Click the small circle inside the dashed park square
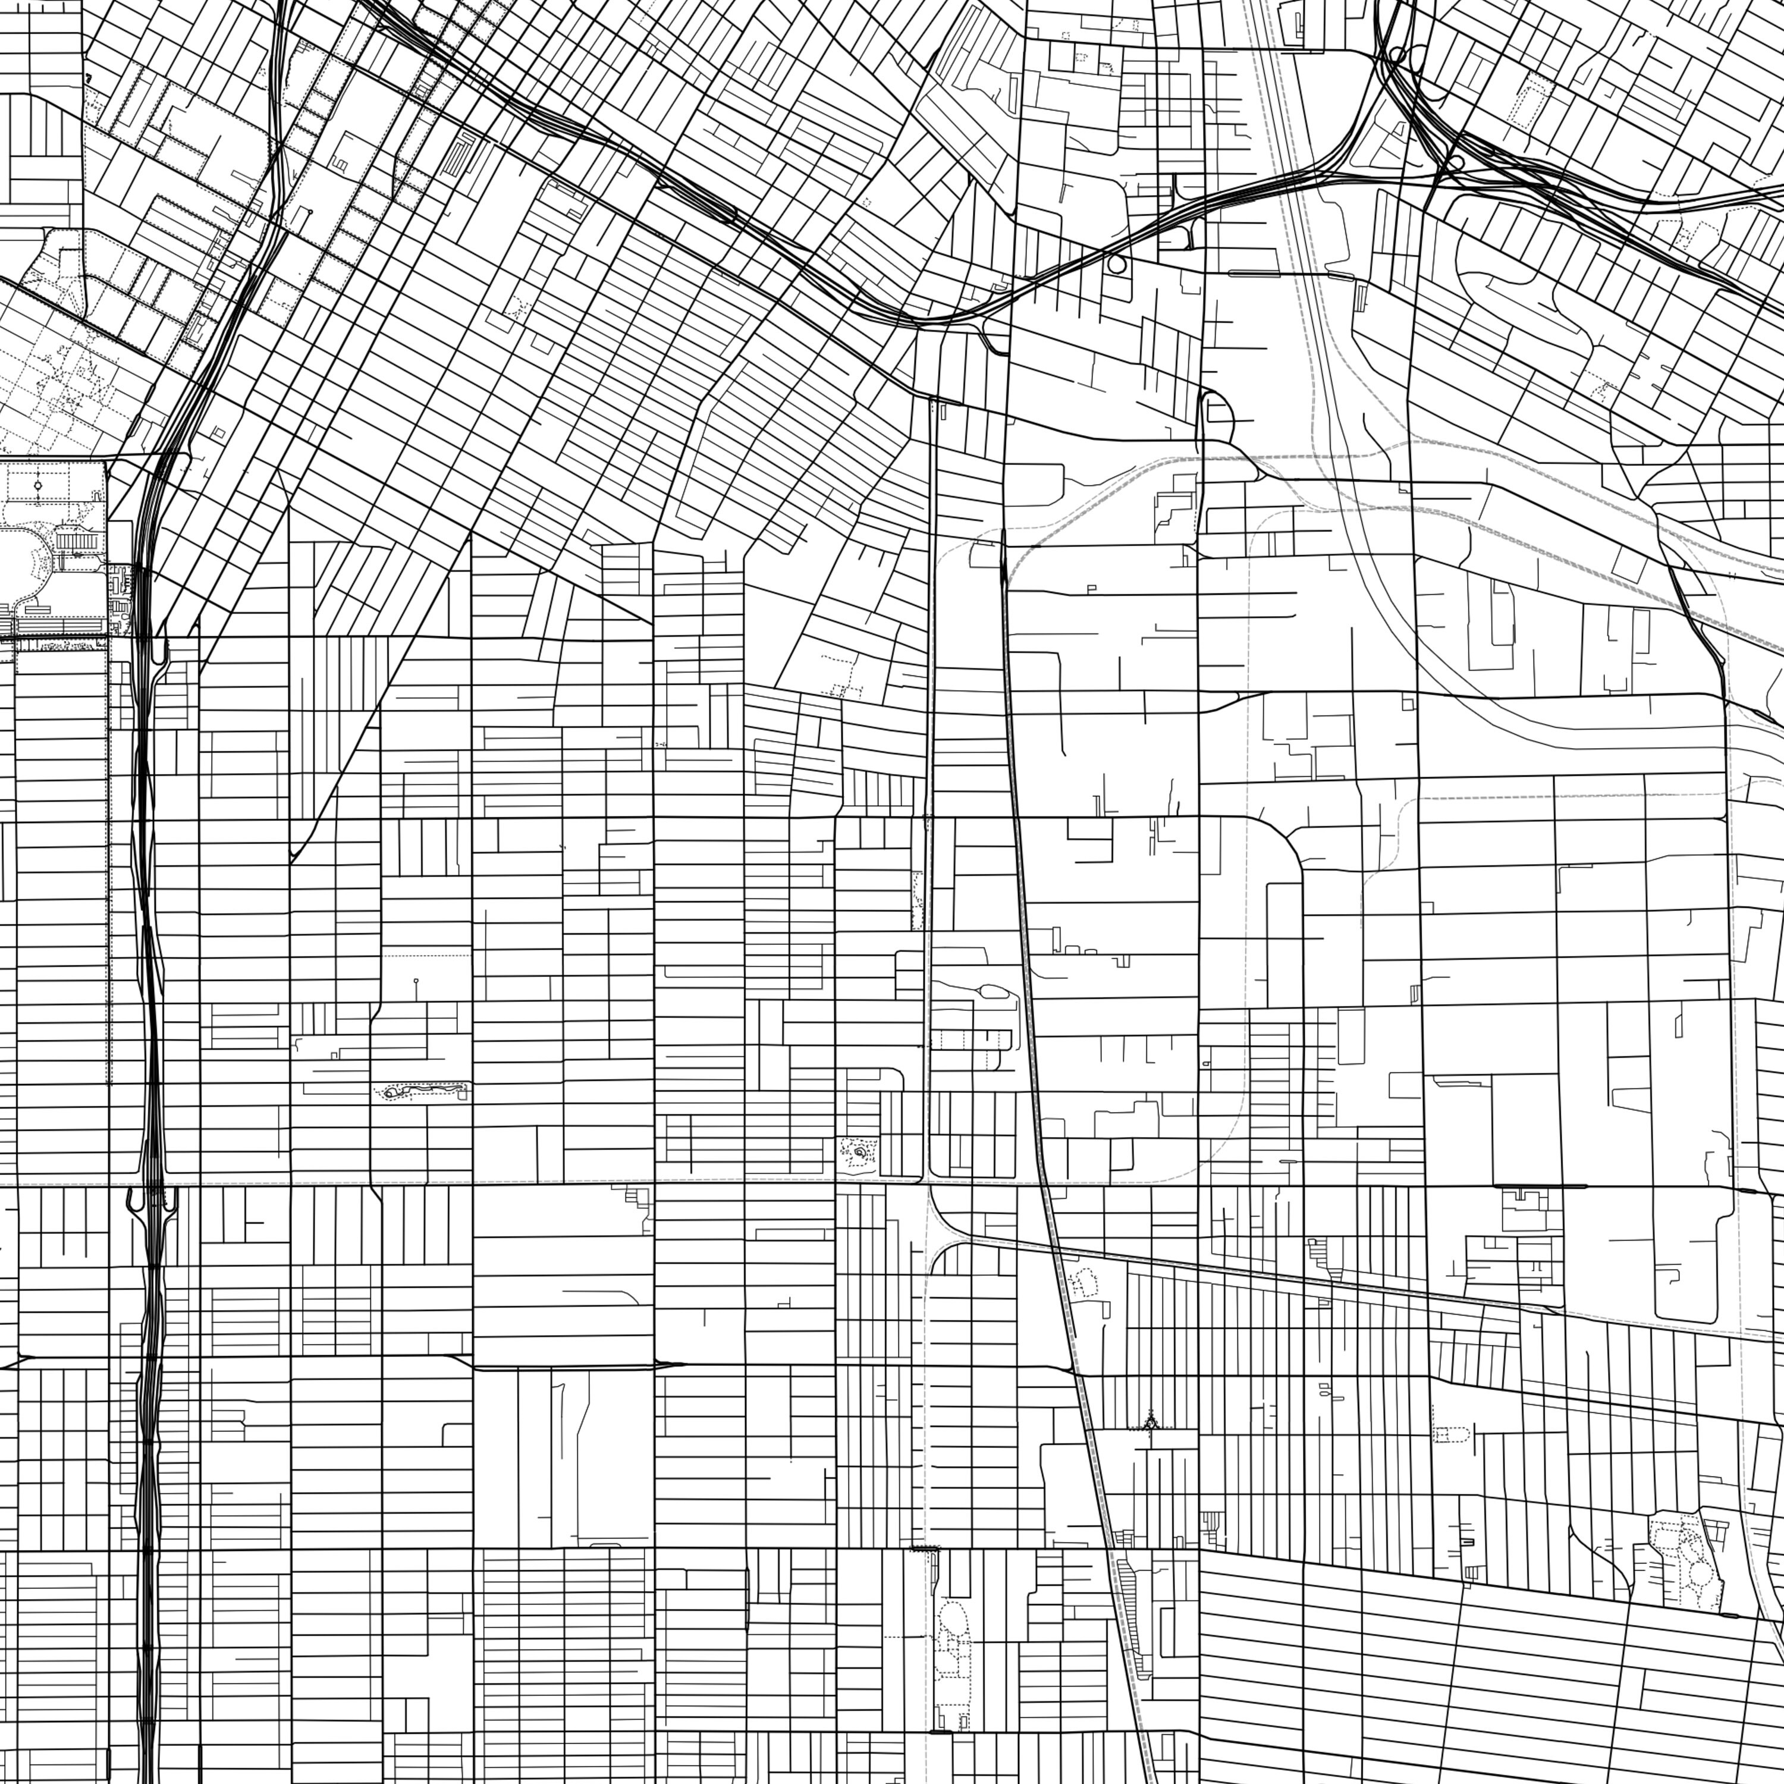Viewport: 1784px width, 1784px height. [38, 484]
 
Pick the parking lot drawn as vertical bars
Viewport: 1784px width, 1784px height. [76, 538]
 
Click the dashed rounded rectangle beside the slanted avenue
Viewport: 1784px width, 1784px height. [1452, 1434]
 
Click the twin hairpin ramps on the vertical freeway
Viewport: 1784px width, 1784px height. [150, 1199]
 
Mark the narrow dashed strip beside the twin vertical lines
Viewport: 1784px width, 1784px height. [917, 900]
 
